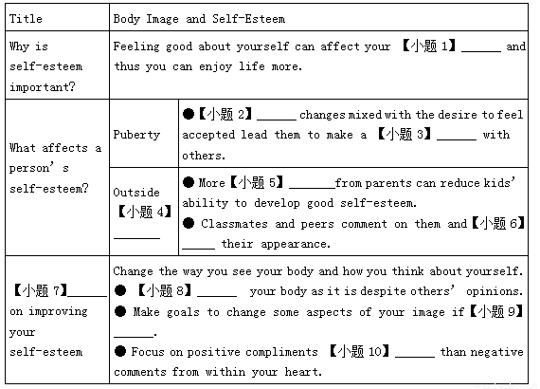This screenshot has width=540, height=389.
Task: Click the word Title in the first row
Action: point(26,19)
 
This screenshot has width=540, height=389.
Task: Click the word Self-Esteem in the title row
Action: point(248,19)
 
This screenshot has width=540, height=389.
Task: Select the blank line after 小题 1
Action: point(481,51)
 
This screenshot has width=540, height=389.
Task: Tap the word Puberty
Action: point(136,135)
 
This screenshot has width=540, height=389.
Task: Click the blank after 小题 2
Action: point(277,120)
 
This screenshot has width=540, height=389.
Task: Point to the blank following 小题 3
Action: point(457,139)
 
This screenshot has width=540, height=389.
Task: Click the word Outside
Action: point(136,192)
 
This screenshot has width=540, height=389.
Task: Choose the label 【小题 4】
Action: point(145,212)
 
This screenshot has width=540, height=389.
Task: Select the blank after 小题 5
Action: point(312,188)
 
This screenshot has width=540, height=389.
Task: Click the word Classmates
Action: point(234,224)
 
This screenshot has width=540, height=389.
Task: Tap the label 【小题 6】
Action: point(498,223)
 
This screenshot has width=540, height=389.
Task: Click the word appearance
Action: point(296,244)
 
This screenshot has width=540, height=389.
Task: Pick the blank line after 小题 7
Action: point(87,295)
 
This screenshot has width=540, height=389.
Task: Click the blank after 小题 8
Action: point(217,295)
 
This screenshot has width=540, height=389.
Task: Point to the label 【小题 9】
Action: point(496,311)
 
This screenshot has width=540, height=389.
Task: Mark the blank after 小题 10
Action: point(415,356)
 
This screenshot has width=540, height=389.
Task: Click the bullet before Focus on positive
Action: point(120,351)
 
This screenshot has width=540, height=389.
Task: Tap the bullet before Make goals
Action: point(120,311)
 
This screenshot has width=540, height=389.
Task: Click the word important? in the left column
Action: point(42,87)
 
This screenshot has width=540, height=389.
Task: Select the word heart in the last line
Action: point(303,372)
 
